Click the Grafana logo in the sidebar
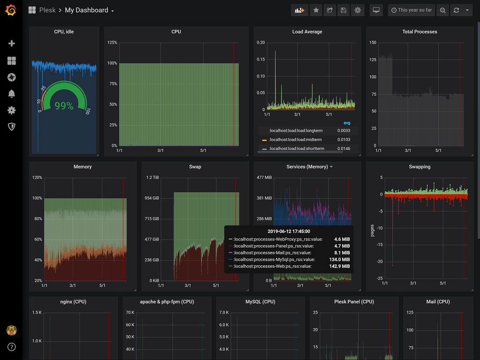[x=11, y=10]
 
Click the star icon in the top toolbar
[x=316, y=10]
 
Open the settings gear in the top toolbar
[x=358, y=10]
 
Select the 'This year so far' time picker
[x=411, y=10]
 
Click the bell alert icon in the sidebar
[x=12, y=94]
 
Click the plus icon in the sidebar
[x=12, y=44]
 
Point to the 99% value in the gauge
[x=64, y=106]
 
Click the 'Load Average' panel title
[x=307, y=32]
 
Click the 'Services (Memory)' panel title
[x=307, y=167]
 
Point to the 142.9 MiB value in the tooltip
[x=342, y=266]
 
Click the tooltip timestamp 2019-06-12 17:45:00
[x=288, y=231]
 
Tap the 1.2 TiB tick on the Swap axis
[x=152, y=178]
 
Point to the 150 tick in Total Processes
[x=373, y=43]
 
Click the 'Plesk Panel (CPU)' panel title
[x=354, y=302]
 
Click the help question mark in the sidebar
[x=12, y=347]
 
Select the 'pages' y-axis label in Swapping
[x=373, y=230]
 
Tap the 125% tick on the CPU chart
[x=112, y=43]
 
